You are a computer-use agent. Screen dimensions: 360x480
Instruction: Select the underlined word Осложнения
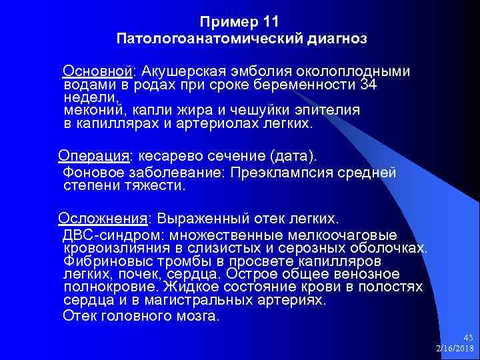pos(103,219)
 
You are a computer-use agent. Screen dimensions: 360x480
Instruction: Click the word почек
pos(142,274)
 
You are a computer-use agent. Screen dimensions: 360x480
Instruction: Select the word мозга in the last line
pos(195,315)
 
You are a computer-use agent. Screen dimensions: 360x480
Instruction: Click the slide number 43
pos(466,338)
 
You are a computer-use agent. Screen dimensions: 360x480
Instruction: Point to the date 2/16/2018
pos(454,349)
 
